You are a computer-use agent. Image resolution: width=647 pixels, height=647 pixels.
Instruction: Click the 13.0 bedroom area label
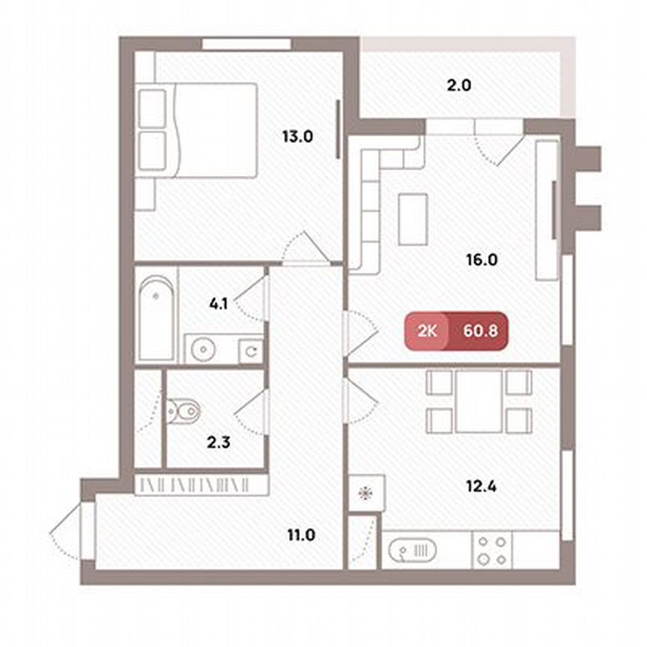297,137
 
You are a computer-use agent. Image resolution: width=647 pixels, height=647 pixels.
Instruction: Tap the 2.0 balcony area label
458,85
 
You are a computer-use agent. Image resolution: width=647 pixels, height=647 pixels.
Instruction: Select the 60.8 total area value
477,329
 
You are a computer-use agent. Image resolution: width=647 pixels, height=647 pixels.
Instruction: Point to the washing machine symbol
251,349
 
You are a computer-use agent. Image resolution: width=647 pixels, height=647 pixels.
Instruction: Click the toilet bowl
185,410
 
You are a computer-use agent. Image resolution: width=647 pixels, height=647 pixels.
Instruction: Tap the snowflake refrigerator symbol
366,493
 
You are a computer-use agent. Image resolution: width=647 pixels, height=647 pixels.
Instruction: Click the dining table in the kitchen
479,401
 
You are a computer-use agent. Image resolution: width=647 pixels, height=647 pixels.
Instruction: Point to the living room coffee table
413,218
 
